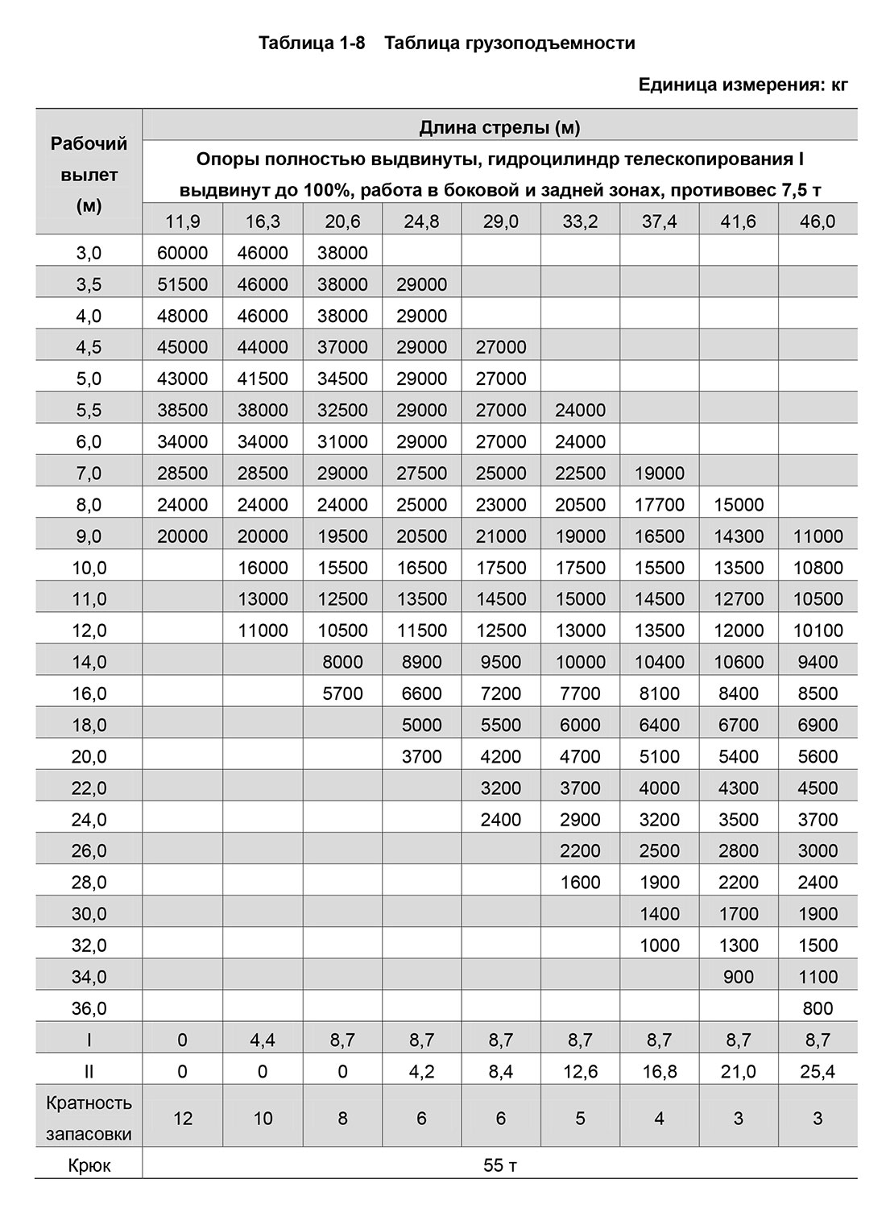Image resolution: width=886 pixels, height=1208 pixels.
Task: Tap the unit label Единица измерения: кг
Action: [x=743, y=85]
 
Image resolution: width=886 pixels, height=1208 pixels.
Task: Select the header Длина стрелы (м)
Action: [x=499, y=127]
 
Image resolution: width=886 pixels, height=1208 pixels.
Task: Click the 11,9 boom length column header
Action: [x=182, y=221]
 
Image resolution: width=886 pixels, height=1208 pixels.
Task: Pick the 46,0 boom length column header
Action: [x=818, y=221]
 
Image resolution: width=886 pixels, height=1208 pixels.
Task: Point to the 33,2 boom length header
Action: [x=580, y=221]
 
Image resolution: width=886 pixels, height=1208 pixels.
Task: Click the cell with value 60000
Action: [x=182, y=253]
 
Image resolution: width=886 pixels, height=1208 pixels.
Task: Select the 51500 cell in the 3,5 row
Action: [x=182, y=284]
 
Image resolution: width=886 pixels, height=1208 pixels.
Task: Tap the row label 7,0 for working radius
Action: [x=89, y=474]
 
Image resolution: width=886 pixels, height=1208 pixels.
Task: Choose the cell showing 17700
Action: [x=659, y=505]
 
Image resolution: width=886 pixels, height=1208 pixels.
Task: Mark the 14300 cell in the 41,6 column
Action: [x=739, y=536]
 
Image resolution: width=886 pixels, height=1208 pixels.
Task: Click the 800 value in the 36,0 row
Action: [x=818, y=1008]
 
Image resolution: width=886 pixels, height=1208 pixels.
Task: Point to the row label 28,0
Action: [x=89, y=883]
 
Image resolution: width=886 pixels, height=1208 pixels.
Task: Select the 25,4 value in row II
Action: [x=818, y=1072]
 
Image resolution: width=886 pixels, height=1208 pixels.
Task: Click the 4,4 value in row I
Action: [x=263, y=1040]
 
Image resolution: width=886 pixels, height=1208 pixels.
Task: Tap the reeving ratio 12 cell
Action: [x=182, y=1119]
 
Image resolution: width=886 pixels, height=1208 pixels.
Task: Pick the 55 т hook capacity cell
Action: [x=499, y=1165]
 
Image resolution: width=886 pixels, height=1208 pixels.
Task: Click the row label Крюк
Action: [x=89, y=1165]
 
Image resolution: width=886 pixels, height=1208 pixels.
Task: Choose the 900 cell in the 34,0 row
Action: [x=739, y=977]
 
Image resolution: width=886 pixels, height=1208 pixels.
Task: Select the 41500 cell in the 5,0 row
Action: [x=263, y=379]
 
